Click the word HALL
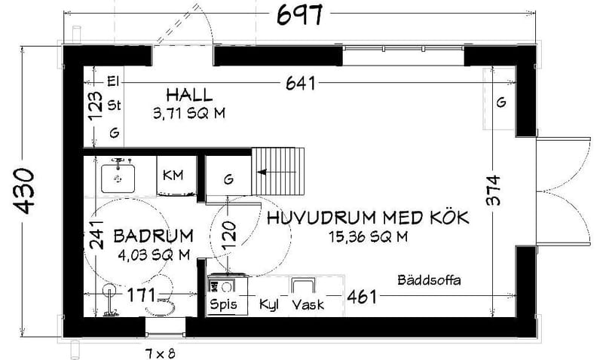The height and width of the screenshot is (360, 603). pos(189,96)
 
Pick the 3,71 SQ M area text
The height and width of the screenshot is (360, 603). pos(189,114)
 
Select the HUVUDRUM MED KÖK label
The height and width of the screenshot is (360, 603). pos(368,218)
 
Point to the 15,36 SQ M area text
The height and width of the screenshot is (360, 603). pos(368,237)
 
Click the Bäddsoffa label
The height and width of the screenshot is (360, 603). pos(429,280)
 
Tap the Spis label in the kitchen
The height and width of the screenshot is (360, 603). pos(224,305)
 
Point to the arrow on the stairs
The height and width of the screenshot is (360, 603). pos(264,172)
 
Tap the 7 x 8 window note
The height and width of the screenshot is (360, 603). pos(160,351)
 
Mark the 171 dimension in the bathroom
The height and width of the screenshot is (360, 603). pos(140,294)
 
